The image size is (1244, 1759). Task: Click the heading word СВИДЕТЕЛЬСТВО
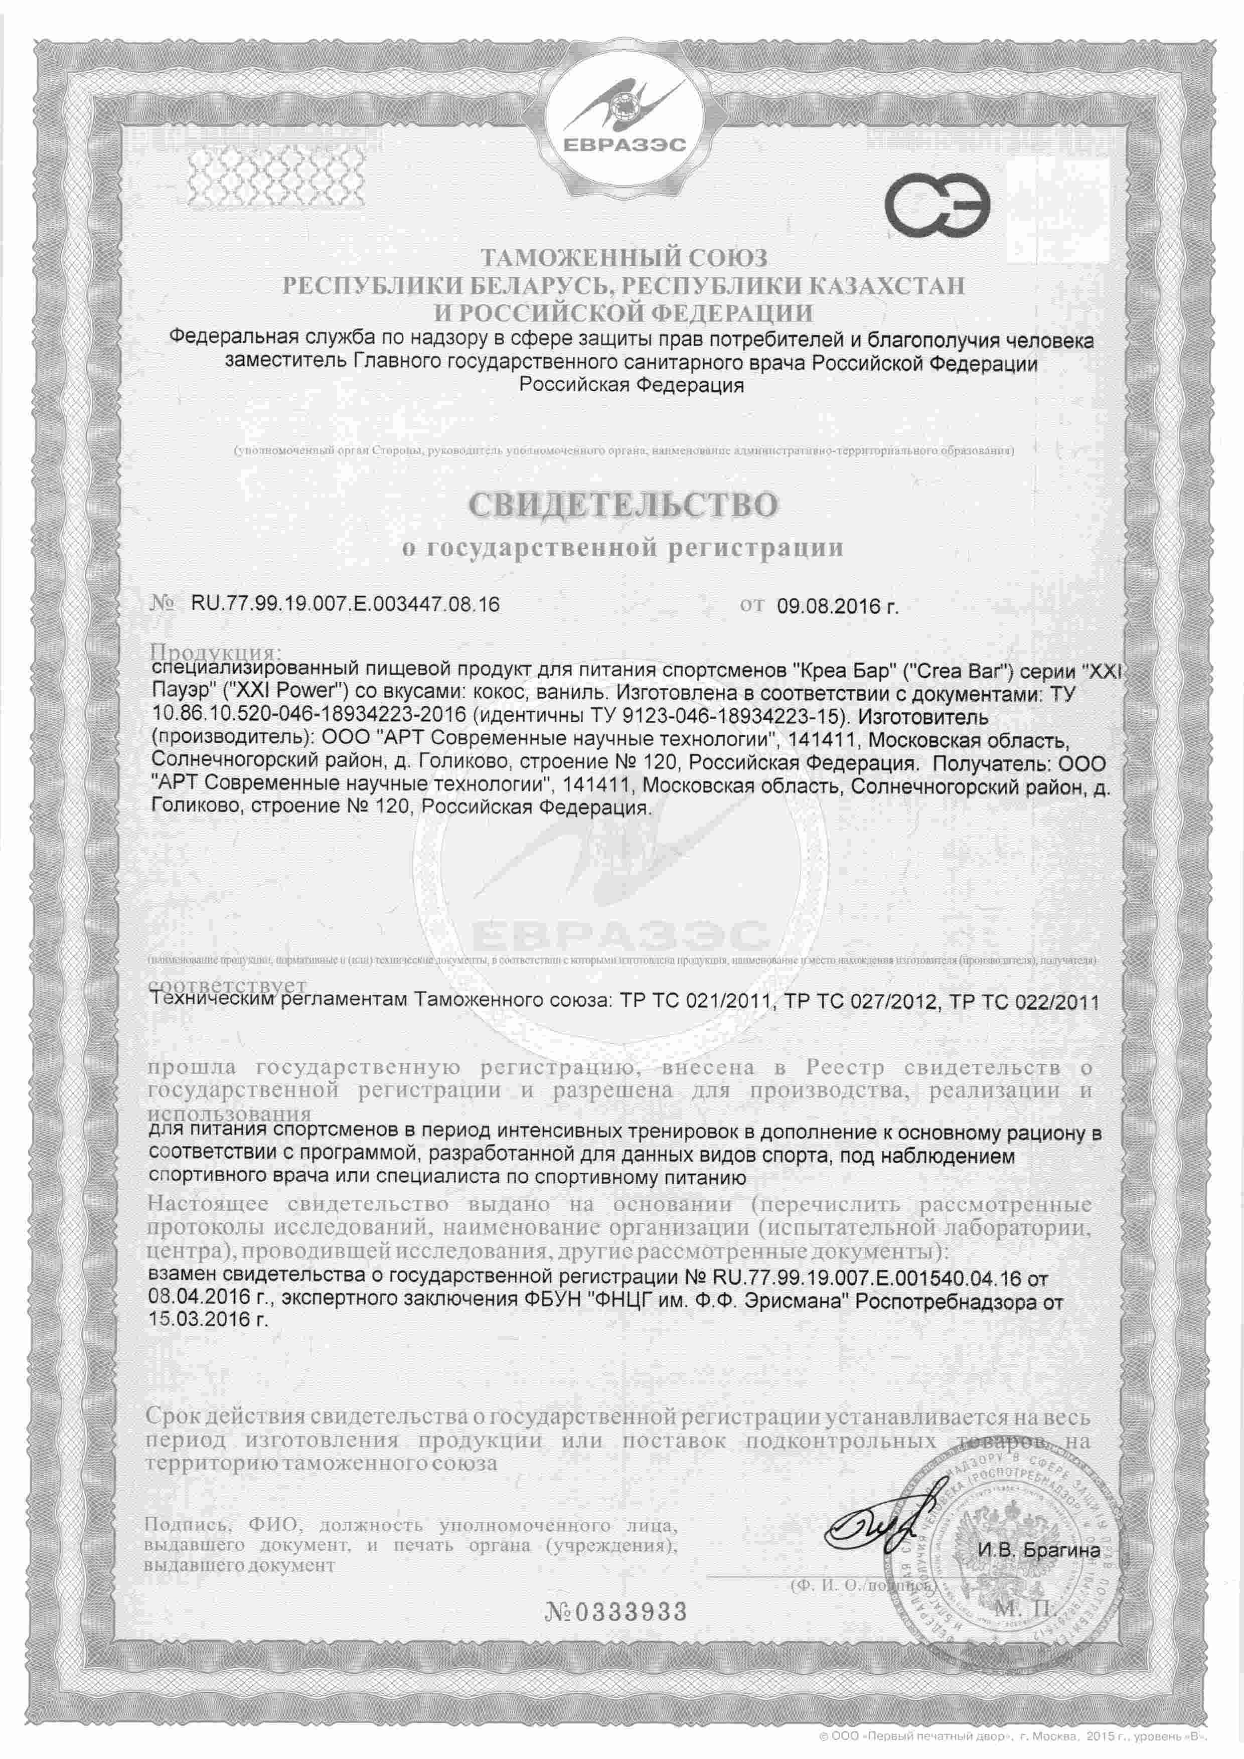click(x=622, y=504)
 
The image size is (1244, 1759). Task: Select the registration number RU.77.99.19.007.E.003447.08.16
click(x=345, y=604)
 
